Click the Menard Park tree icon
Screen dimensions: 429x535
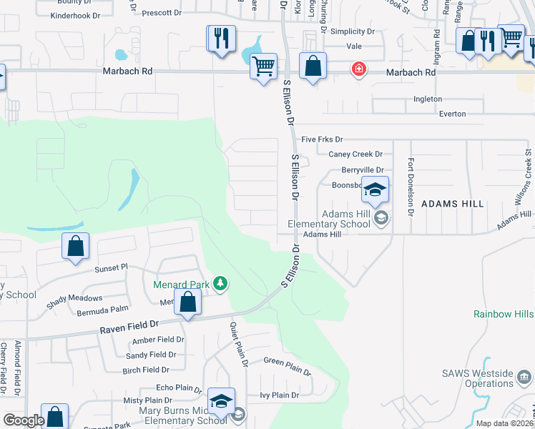(221, 285)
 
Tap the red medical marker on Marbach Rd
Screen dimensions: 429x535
(358, 69)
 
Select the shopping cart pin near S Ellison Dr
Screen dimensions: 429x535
(264, 66)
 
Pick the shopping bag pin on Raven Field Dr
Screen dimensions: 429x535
(187, 302)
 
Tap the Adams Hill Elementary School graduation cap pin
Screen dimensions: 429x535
(375, 191)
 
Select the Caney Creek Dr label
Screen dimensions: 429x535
(355, 154)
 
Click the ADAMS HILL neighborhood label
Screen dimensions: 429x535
(453, 204)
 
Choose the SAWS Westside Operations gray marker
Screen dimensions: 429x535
(526, 374)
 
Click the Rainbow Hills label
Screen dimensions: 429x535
(504, 314)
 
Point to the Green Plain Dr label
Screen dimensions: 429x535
(288, 366)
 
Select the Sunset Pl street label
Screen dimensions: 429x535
(110, 267)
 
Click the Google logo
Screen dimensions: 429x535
(24, 420)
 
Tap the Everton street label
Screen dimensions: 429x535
(451, 114)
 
